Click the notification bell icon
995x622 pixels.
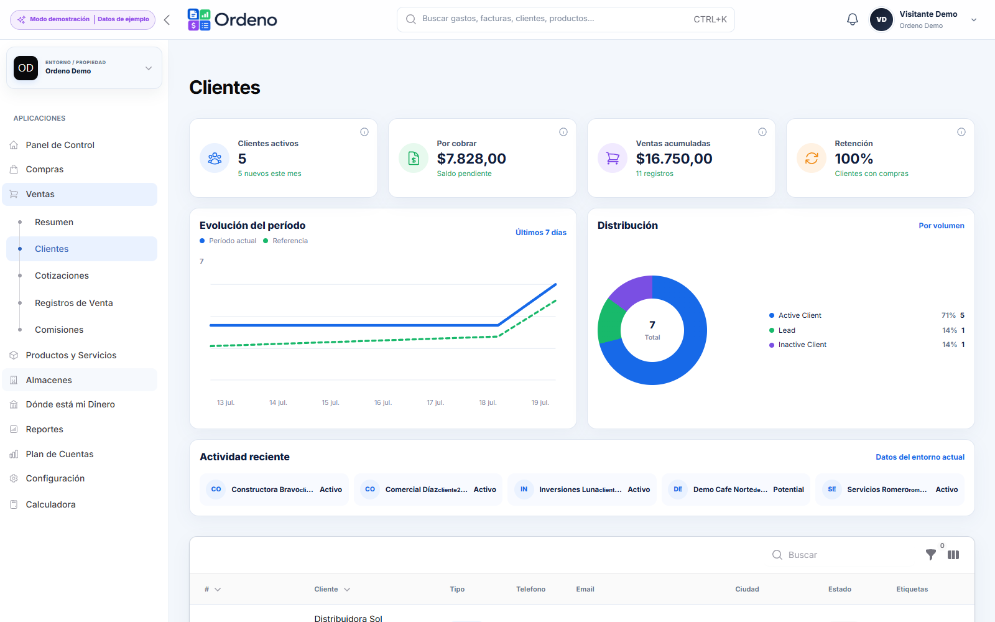852,19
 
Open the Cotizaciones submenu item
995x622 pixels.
62,276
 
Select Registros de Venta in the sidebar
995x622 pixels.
74,303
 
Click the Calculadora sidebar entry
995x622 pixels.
50,504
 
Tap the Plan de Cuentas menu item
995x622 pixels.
59,454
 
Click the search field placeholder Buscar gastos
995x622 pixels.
507,19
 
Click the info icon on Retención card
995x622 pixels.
961,132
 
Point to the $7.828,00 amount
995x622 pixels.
471,159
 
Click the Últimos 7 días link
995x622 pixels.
540,233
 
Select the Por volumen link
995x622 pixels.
942,226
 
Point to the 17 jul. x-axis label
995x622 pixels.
435,402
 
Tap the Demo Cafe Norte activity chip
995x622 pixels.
736,489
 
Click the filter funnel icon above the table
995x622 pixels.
930,554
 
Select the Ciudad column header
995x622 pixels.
747,589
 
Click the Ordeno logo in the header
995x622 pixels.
233,19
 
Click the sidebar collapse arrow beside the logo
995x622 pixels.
167,20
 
